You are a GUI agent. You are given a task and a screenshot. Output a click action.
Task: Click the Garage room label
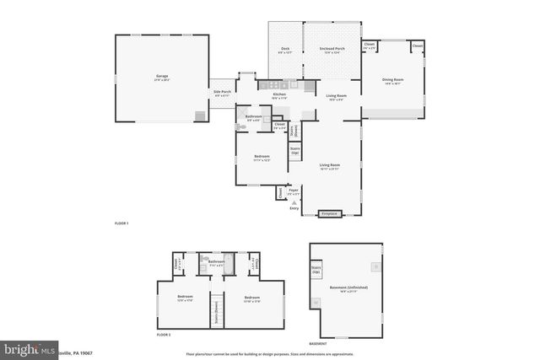coord(162,78)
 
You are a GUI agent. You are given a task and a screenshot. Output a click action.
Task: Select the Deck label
coord(285,50)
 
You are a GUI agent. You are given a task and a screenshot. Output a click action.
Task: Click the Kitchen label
coord(279,95)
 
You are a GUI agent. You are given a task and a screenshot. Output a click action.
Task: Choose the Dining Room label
coord(394,81)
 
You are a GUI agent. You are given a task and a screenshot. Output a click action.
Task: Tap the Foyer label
coord(294,191)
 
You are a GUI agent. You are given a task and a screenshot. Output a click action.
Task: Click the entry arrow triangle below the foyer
coord(294,202)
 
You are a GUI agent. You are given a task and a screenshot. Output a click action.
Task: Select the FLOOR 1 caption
coord(121,223)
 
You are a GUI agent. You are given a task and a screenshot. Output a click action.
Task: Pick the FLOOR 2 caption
coord(164,335)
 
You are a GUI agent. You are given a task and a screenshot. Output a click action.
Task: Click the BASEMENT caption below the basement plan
coord(318,343)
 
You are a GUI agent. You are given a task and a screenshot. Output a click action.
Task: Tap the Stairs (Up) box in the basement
coord(316,271)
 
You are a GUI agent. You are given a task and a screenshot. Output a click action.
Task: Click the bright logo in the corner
coord(25,349)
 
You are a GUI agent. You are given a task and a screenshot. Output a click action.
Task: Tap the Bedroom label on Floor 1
coord(262,158)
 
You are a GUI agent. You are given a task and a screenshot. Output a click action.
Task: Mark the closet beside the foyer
coord(278,193)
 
